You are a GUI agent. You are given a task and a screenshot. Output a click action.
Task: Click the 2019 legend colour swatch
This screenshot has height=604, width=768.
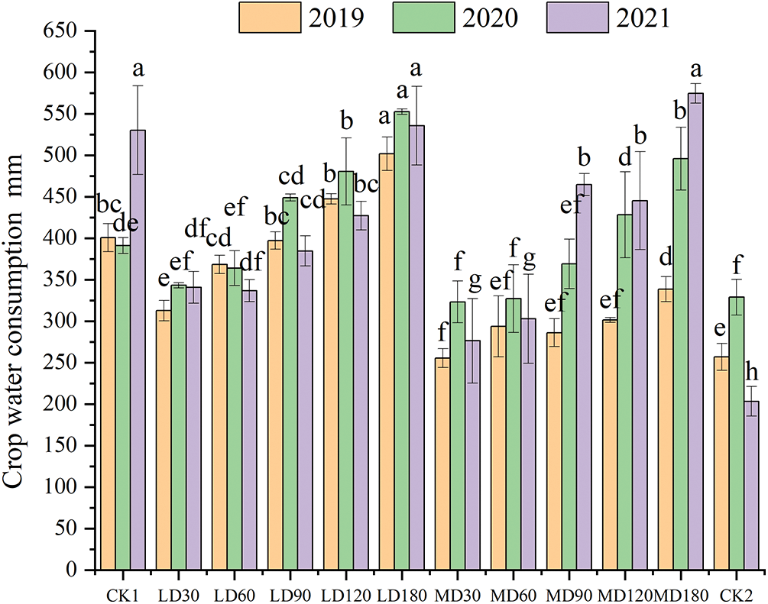point(264,17)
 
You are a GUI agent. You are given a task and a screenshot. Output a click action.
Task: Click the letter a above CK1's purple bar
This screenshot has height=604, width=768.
point(138,69)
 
